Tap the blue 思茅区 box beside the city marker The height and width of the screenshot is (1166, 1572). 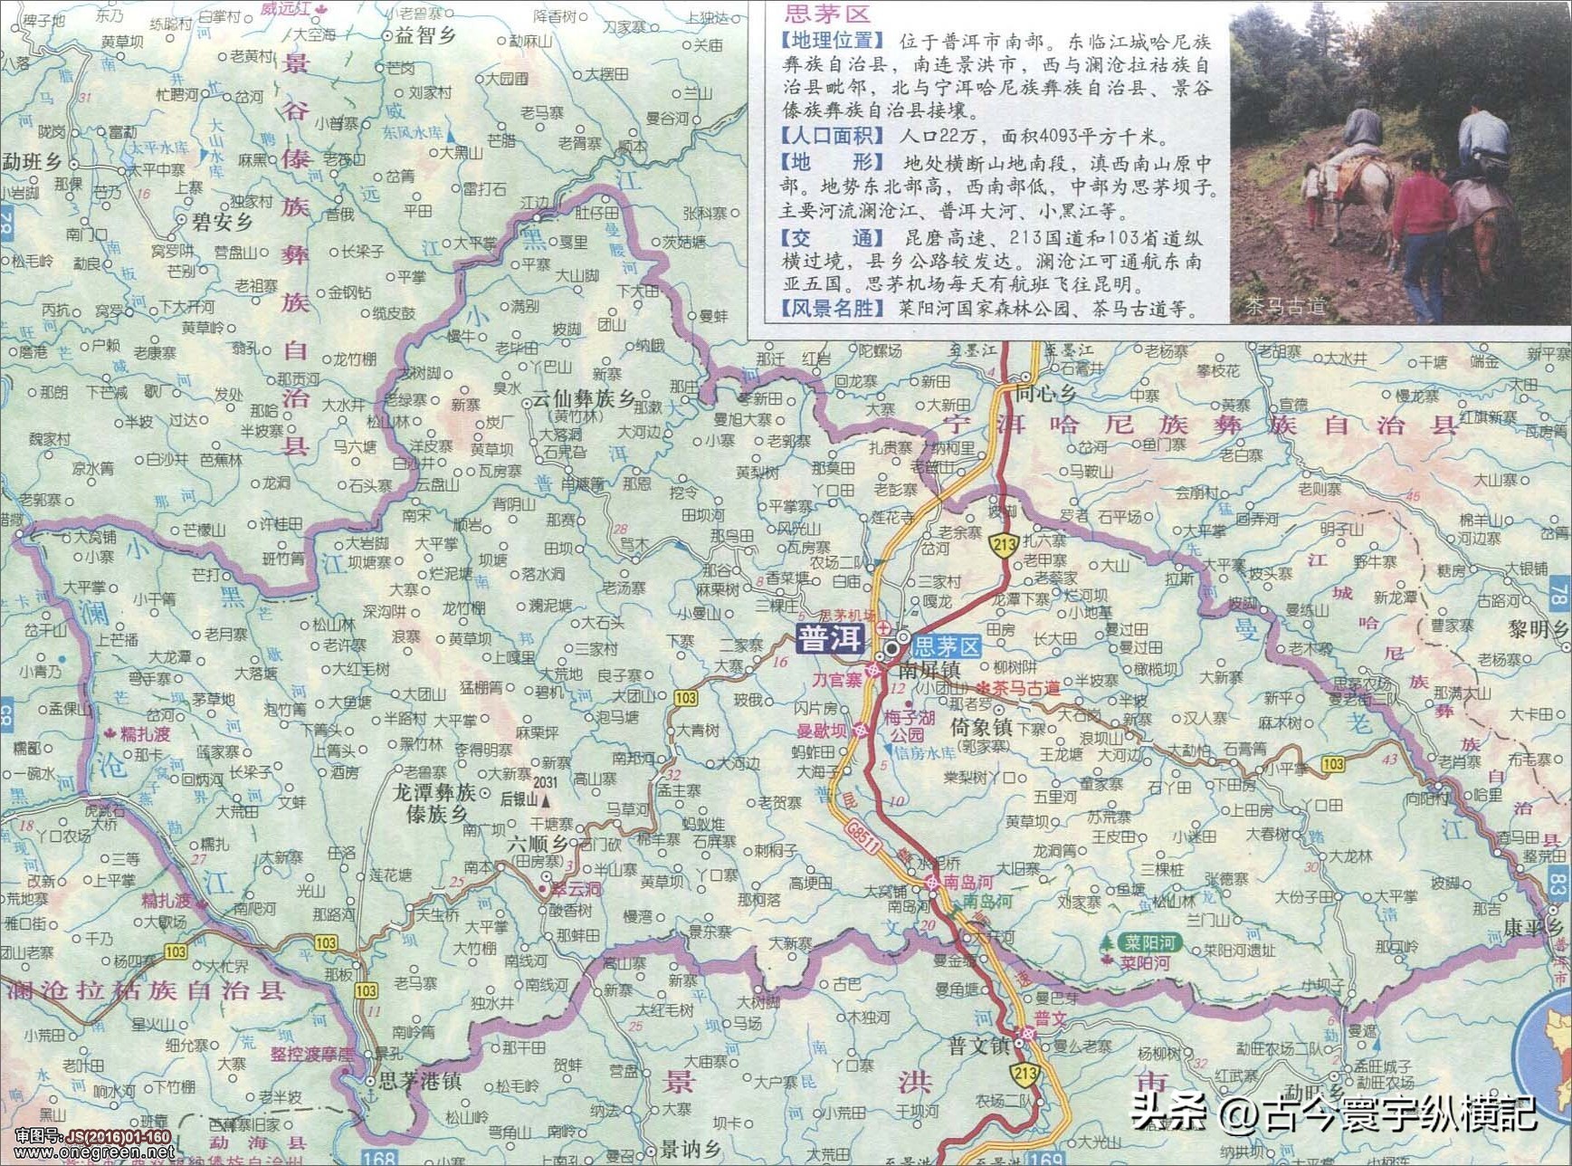[x=947, y=646]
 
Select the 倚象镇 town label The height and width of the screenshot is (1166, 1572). [x=981, y=728]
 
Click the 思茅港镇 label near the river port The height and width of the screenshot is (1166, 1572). [x=420, y=1081]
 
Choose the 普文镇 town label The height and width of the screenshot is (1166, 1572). [x=978, y=1046]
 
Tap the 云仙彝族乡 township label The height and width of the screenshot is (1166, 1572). [x=583, y=398]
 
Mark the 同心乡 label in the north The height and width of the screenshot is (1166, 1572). [x=1045, y=393]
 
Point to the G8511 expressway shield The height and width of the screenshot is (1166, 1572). [x=863, y=837]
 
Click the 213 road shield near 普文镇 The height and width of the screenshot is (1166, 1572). [x=1024, y=1075]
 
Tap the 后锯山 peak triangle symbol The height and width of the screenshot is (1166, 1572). [x=545, y=800]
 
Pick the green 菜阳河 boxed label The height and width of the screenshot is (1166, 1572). [x=1148, y=942]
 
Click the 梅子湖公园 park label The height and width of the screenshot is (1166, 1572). [x=907, y=726]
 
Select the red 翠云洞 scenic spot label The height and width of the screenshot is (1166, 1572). [x=575, y=890]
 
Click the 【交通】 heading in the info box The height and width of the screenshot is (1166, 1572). [x=832, y=238]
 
